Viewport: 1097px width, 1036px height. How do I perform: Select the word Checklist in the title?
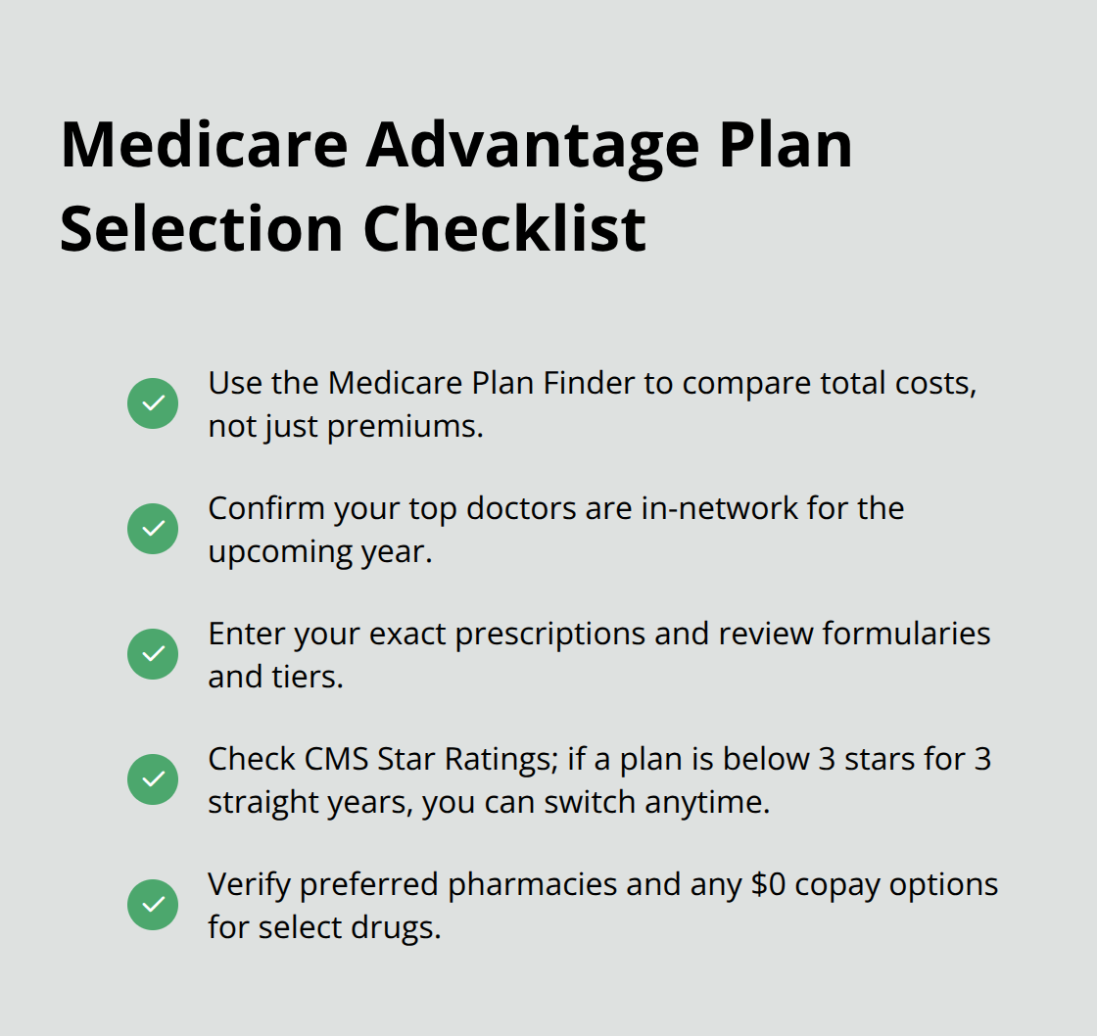point(504,228)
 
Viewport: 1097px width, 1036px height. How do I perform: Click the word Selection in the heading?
point(201,228)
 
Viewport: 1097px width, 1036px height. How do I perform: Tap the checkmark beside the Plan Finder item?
point(153,403)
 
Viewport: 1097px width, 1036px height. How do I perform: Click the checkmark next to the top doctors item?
point(153,529)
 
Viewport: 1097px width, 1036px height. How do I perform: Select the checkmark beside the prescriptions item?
point(153,654)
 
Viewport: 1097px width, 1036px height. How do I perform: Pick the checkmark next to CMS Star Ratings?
point(153,779)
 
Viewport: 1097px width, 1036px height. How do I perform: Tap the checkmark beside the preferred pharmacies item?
point(153,905)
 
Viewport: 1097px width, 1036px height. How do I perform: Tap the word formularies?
point(906,634)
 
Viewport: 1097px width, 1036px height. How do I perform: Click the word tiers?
point(306,677)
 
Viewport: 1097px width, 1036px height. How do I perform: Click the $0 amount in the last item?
point(767,884)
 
